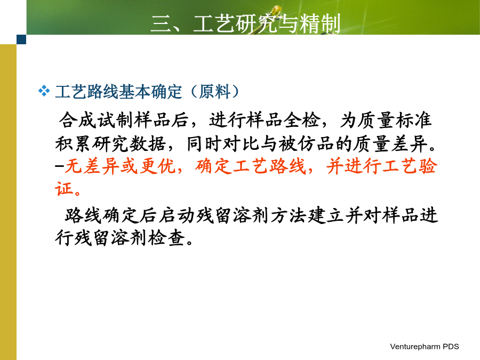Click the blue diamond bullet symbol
[44, 91]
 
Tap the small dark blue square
[21, 39]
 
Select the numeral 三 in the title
[161, 24]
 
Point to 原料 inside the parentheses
[214, 92]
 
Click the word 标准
[413, 119]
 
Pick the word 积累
[74, 143]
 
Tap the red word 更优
[158, 167]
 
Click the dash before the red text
[60, 166]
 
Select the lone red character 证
[64, 188]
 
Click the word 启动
[177, 215]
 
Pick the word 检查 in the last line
[167, 238]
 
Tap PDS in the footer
[451, 347]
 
